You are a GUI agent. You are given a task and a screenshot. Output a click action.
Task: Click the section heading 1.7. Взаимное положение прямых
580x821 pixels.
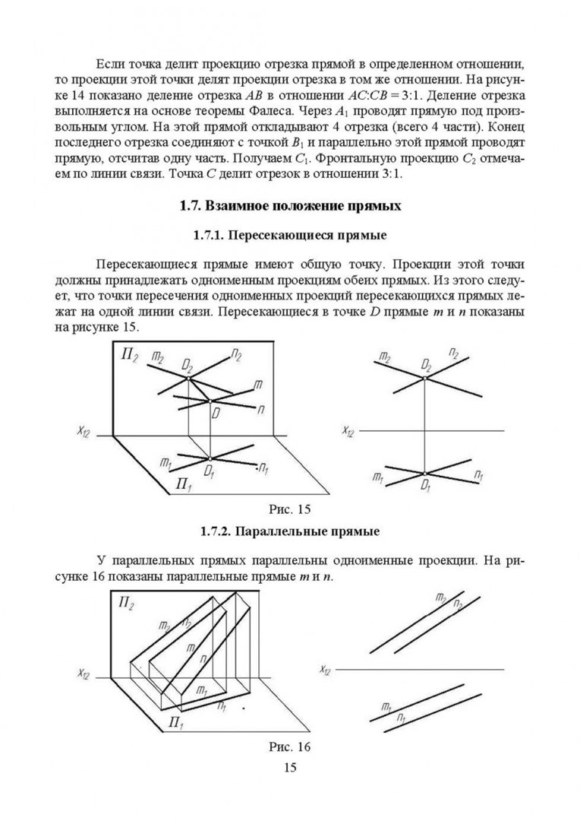(x=289, y=206)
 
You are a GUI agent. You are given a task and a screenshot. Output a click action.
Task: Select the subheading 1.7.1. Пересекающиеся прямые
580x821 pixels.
(x=289, y=236)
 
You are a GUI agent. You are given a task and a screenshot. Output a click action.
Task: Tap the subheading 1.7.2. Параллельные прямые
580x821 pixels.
(x=289, y=530)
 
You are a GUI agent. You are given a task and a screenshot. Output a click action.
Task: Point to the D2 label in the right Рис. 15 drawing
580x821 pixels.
(x=427, y=363)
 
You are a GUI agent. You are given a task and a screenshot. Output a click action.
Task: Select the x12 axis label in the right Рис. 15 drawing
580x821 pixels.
(x=348, y=432)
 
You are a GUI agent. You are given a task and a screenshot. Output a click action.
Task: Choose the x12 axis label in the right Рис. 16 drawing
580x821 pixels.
(x=326, y=670)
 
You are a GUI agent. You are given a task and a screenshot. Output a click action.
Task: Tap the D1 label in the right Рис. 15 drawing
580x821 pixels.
(x=427, y=485)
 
